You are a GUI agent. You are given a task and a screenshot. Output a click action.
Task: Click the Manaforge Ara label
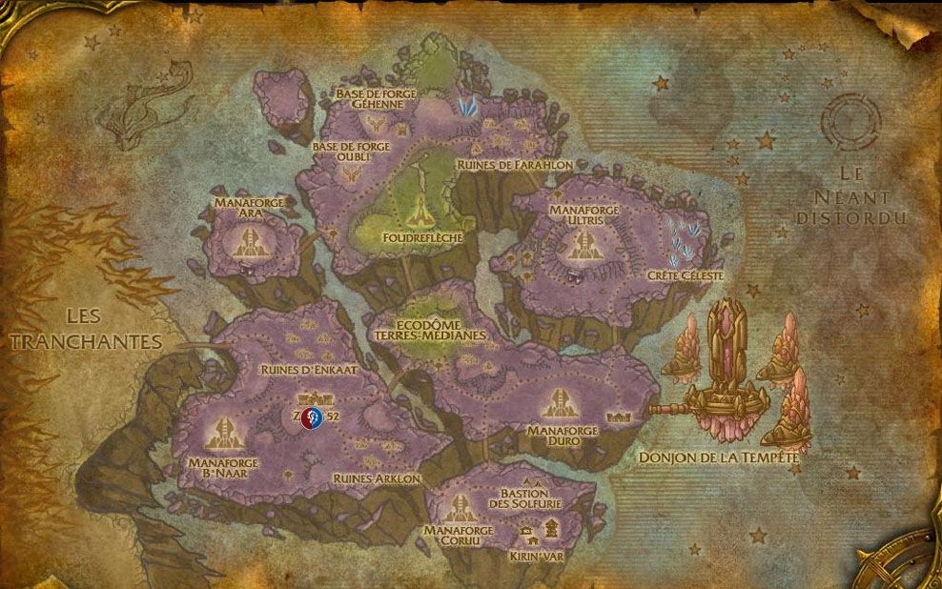click(x=237, y=210)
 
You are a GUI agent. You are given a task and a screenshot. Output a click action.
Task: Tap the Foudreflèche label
click(x=416, y=236)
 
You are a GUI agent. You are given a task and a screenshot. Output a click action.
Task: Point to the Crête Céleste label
click(x=686, y=275)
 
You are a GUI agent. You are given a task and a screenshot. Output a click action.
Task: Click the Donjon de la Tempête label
click(x=719, y=457)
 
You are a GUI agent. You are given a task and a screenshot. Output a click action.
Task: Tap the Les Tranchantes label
click(x=84, y=328)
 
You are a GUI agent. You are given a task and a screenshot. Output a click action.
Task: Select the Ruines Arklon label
click(x=377, y=477)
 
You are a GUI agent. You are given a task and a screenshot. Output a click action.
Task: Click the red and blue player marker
click(x=311, y=416)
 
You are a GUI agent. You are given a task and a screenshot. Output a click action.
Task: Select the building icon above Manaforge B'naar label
click(x=226, y=434)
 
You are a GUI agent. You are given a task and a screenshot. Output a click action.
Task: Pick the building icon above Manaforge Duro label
click(x=562, y=402)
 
